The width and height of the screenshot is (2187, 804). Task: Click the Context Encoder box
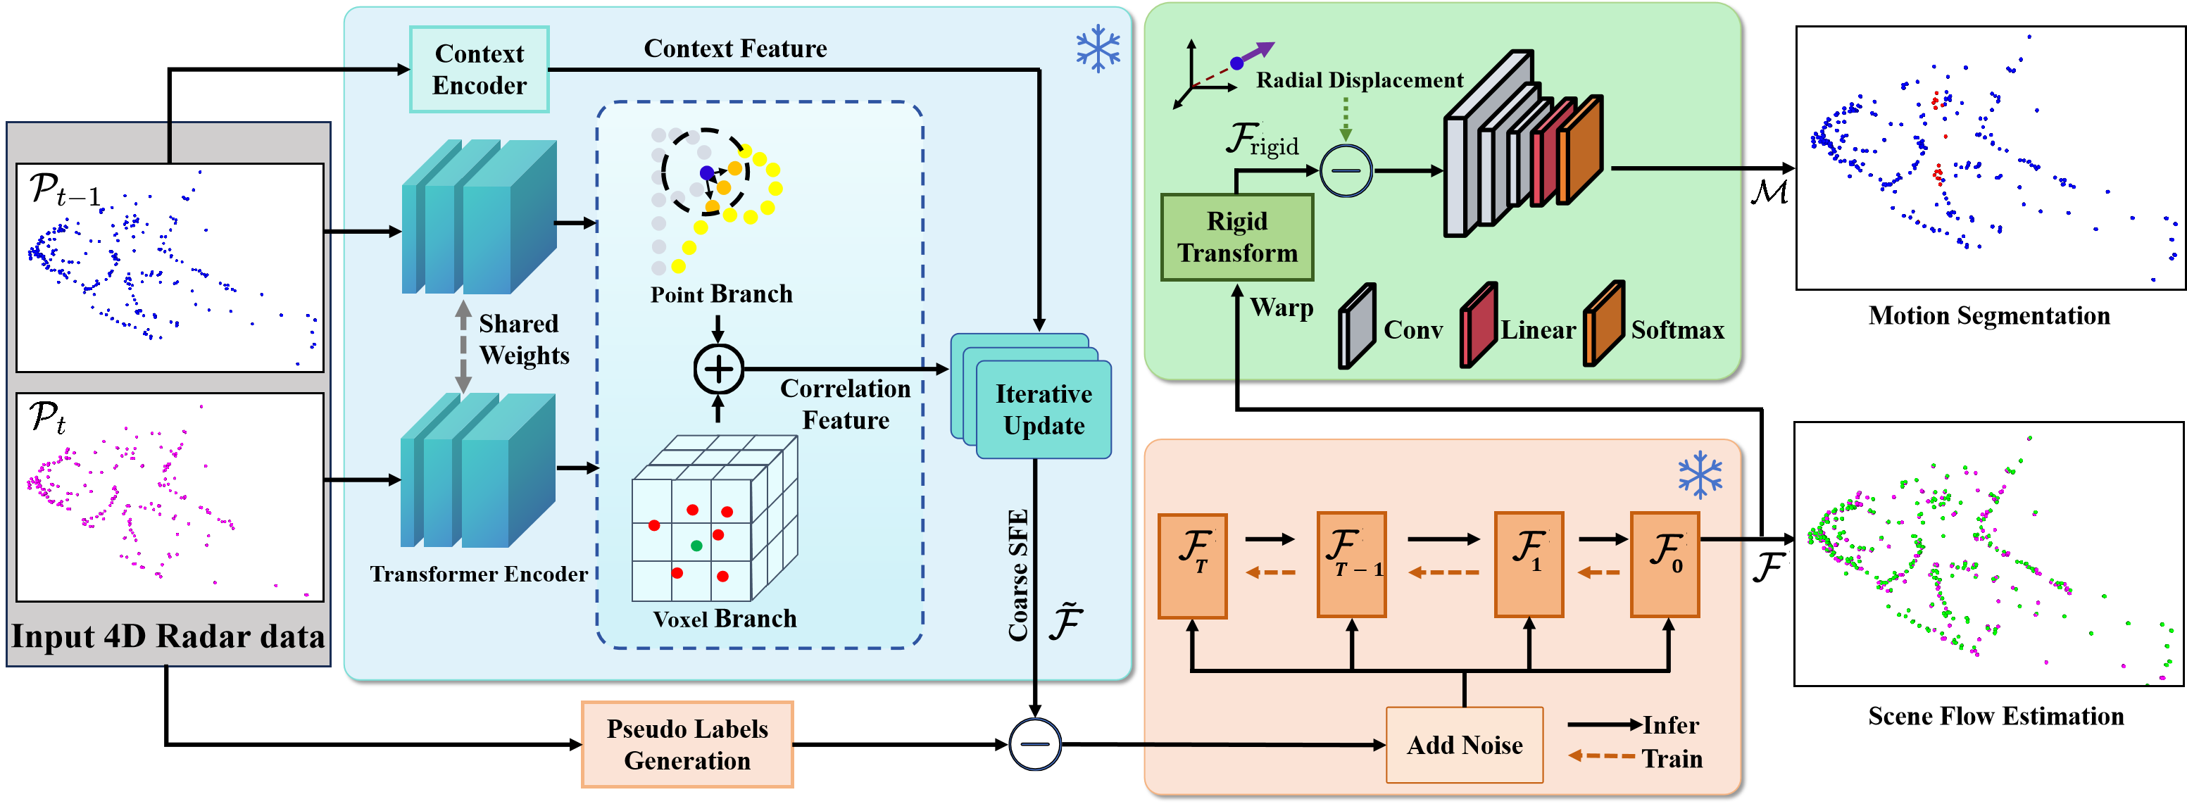pyautogui.click(x=479, y=70)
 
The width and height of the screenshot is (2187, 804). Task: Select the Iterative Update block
pyautogui.click(x=1044, y=410)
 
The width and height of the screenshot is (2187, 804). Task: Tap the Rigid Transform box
pyautogui.click(x=1237, y=237)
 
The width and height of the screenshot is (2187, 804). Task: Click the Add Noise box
pyautogui.click(x=1464, y=745)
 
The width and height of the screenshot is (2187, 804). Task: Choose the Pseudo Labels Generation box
pyautogui.click(x=687, y=745)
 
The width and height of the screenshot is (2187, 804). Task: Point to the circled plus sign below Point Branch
pyautogui.click(x=718, y=370)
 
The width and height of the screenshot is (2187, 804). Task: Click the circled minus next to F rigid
pyautogui.click(x=1346, y=170)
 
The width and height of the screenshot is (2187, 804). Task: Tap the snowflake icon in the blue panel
pyautogui.click(x=1098, y=49)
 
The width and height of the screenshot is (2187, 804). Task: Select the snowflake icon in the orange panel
pyautogui.click(x=1700, y=475)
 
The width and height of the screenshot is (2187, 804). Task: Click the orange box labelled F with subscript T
pyautogui.click(x=1192, y=565)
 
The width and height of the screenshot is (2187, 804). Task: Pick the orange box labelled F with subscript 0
pyautogui.click(x=1664, y=564)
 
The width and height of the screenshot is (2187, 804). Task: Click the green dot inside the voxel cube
pyautogui.click(x=696, y=545)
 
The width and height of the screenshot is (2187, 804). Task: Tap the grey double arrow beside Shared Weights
pyautogui.click(x=463, y=346)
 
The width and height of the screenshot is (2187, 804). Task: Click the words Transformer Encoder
pyautogui.click(x=479, y=574)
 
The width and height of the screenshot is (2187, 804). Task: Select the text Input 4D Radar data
pyautogui.click(x=168, y=636)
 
